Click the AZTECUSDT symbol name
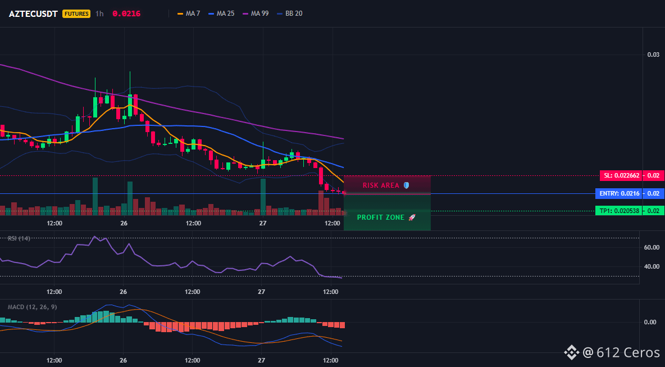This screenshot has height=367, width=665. (x=33, y=13)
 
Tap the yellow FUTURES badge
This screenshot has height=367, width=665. (x=76, y=13)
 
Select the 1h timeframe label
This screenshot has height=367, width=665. (x=99, y=13)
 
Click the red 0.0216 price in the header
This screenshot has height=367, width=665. (x=126, y=13)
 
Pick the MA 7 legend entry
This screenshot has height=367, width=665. (x=189, y=13)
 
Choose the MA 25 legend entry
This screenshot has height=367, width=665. (x=221, y=13)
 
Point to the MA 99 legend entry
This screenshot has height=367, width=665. (x=256, y=13)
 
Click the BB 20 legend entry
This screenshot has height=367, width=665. (x=290, y=13)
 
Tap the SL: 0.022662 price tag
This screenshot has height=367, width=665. (x=620, y=175)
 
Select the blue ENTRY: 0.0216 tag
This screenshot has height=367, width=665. (x=618, y=193)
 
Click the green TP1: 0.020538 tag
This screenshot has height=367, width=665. (x=618, y=210)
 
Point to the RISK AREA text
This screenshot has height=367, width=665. (x=381, y=185)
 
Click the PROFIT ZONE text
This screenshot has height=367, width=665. (x=380, y=218)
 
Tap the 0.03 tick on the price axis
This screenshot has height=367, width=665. (x=653, y=55)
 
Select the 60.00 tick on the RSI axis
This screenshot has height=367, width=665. (x=652, y=247)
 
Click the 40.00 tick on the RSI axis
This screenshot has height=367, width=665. (x=652, y=266)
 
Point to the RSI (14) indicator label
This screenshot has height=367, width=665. (x=19, y=238)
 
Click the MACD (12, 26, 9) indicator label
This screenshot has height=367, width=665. (x=32, y=307)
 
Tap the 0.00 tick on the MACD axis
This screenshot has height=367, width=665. (x=650, y=322)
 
